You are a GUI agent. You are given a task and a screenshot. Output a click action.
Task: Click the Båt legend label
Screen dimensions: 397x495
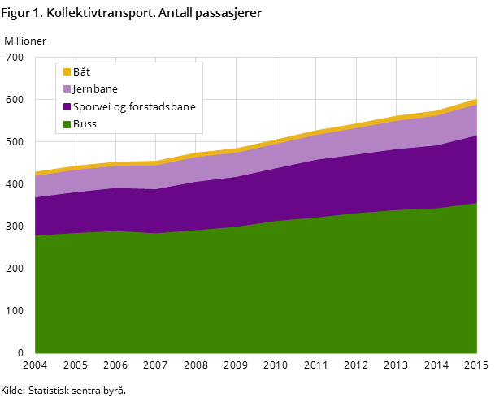coord(81,71)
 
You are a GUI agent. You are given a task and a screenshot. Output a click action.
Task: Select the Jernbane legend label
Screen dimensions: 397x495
coord(95,88)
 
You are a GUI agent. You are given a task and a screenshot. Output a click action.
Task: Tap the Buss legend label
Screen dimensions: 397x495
coord(85,123)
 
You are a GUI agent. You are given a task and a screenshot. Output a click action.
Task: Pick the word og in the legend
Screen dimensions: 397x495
coord(119,106)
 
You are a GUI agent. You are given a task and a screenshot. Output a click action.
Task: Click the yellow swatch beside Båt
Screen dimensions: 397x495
coord(67,71)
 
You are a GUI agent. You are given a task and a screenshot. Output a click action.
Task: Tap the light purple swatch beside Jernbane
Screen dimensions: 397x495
coord(67,89)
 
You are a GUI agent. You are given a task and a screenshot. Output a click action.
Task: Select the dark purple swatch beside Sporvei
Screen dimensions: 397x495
coord(67,106)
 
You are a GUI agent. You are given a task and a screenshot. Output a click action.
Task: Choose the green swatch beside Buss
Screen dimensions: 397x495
coord(67,124)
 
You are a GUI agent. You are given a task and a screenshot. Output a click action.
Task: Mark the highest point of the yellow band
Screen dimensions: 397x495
coord(475,101)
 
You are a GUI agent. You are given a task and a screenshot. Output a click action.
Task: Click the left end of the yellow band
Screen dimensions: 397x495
coord(37,173)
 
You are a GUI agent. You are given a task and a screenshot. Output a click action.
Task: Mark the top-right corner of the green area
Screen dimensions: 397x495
coord(475,204)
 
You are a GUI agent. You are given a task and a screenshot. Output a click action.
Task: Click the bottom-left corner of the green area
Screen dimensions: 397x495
coord(36,352)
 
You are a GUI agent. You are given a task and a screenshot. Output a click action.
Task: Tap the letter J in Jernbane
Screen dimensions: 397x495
coord(75,88)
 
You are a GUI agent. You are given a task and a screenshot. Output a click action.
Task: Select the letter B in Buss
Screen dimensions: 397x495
coord(76,123)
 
